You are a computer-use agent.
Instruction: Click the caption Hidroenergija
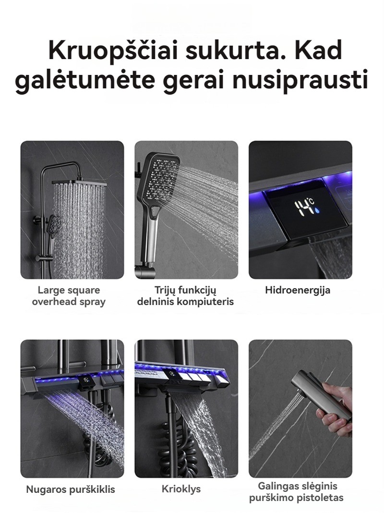pyautogui.click(x=298, y=290)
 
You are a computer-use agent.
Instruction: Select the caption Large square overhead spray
pyautogui.click(x=69, y=296)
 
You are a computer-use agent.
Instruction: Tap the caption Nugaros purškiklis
pyautogui.click(x=71, y=489)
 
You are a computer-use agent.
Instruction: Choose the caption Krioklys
pyautogui.click(x=181, y=489)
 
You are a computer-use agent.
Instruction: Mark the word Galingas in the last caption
pyautogui.click(x=276, y=487)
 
